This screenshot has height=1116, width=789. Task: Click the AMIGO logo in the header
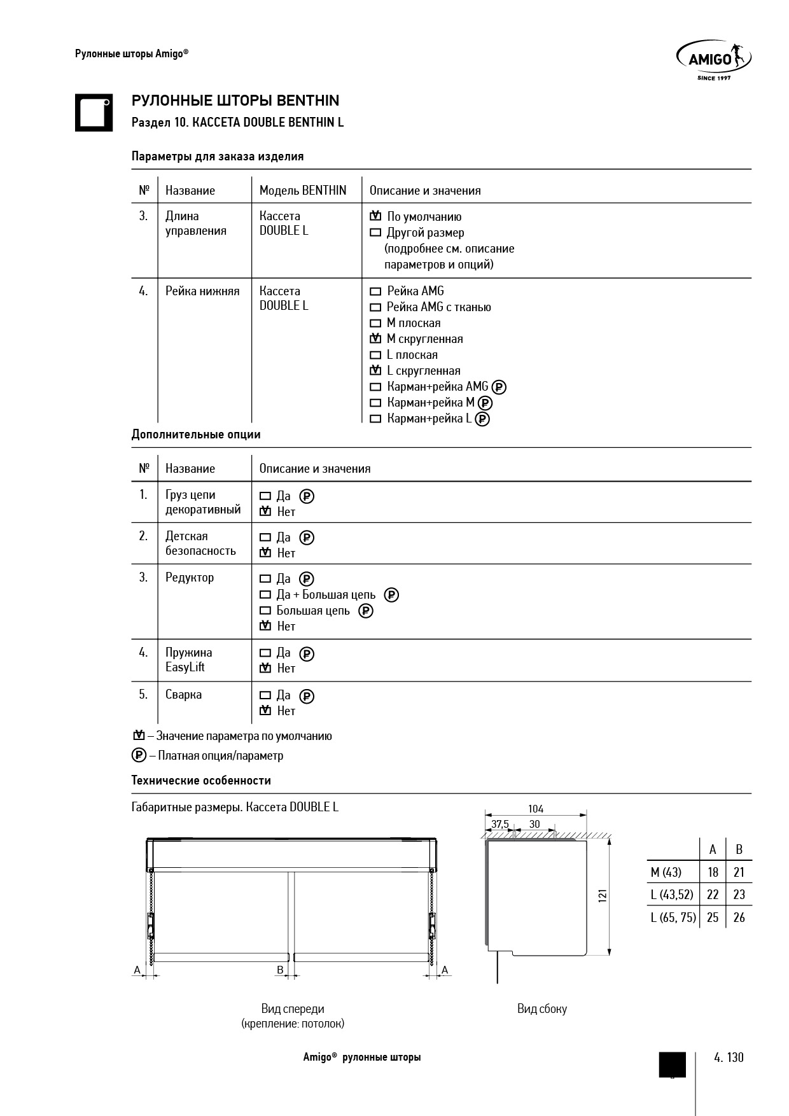713,58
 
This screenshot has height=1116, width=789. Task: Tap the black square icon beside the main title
94,113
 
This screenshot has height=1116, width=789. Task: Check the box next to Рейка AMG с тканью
375,307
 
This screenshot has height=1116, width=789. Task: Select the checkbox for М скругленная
375,338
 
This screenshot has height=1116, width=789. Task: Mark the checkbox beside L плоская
375,355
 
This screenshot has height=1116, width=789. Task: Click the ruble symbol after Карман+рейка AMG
500,387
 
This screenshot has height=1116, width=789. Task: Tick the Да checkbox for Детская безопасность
265,538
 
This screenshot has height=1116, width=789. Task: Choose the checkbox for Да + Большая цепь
265,595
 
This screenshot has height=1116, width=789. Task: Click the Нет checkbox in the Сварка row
265,711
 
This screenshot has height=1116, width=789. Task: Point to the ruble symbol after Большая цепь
365,611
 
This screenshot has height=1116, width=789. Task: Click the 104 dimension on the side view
536,809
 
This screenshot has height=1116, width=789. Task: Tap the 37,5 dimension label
499,824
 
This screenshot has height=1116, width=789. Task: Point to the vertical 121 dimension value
602,895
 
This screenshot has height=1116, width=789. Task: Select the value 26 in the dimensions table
739,917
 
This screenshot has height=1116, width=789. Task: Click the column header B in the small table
739,849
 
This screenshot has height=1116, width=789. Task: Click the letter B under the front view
280,970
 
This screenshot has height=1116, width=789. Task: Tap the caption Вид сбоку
541,1008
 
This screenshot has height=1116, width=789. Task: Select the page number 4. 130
729,1057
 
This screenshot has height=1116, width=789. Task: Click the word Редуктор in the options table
190,578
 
